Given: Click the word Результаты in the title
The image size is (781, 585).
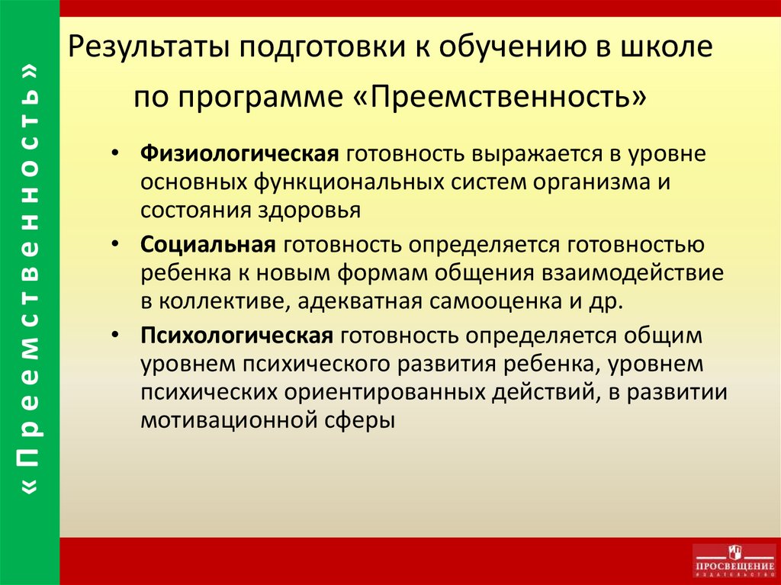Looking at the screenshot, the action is coord(149,48).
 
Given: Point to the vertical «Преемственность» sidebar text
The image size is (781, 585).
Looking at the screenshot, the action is coord(30,279).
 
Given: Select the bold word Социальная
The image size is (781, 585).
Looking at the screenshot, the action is coord(207,245).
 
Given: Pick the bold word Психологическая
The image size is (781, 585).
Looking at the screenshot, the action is coord(236,336).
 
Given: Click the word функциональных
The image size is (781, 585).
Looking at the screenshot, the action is coord(349,183).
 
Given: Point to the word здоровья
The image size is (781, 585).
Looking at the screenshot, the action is coord(309,211).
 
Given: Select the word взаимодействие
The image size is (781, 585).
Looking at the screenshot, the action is coord(632,273).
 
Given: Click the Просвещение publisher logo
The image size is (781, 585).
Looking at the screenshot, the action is coord(734,561).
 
